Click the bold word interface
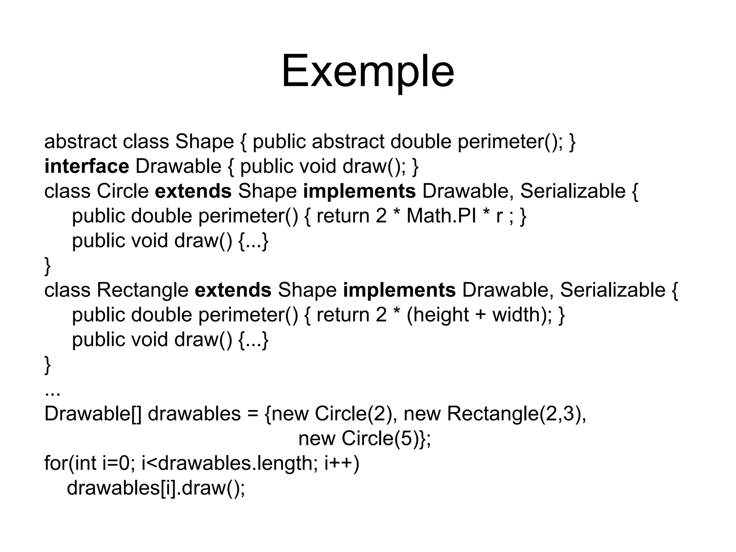87,166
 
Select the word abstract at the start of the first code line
80,142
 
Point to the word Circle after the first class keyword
123,191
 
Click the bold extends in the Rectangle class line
233,290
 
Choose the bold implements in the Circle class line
359,191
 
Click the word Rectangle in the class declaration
143,290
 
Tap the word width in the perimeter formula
516,315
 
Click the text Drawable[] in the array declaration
93,414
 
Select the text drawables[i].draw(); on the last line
156,488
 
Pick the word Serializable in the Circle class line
572,191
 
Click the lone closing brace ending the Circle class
47,266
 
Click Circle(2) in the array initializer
353,414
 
